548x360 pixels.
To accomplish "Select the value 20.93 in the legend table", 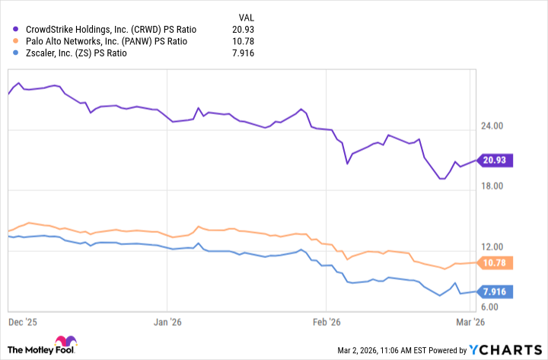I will [242, 28].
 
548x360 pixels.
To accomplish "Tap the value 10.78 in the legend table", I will [242, 40].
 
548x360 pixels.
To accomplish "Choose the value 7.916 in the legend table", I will [242, 53].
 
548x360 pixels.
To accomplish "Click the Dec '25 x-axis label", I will [23, 322].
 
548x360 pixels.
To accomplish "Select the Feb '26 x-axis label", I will [325, 322].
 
